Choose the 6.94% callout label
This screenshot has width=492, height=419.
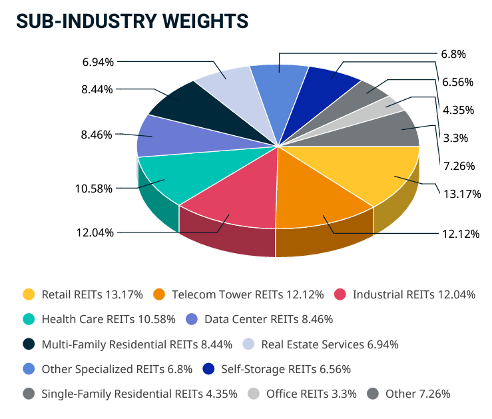point(98,62)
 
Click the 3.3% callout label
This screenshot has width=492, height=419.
point(456,139)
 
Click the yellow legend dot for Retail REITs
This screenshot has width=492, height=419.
point(29,294)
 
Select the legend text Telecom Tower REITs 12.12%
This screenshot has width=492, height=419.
point(247,294)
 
